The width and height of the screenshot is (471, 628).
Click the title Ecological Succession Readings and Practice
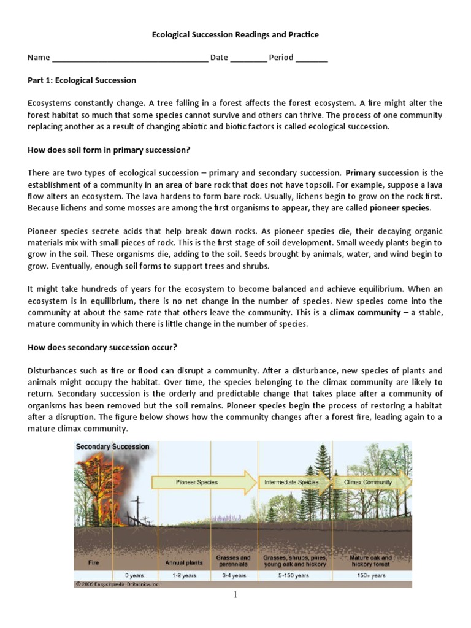[235, 35]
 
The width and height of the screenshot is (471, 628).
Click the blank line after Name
[130, 59]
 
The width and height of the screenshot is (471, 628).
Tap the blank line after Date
[249, 59]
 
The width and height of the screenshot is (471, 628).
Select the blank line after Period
[312, 59]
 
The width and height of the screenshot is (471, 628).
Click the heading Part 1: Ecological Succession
[82, 80]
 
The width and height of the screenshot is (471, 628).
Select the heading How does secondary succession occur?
[102, 347]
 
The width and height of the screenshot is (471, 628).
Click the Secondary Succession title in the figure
[112, 447]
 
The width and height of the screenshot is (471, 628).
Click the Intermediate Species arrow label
[291, 482]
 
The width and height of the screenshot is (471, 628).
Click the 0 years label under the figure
[134, 576]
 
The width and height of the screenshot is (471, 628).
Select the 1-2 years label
[184, 576]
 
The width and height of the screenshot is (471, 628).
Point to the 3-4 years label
[234, 576]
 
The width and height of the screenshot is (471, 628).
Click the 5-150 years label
[295, 576]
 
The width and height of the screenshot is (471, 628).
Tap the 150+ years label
[370, 576]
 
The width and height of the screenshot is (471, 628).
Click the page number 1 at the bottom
[235, 595]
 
